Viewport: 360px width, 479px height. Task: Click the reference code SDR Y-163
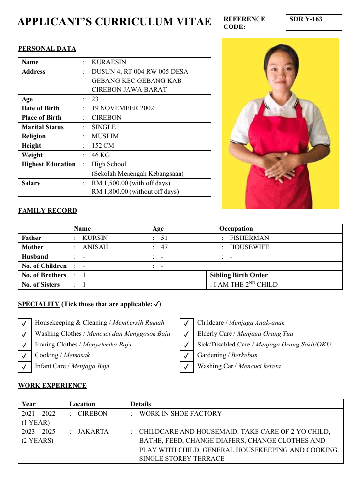[306, 19]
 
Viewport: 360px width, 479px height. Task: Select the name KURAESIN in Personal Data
[108, 62]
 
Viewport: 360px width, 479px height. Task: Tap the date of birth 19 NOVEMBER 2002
[123, 108]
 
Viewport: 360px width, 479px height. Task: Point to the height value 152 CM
[103, 146]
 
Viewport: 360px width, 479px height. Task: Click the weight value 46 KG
[102, 155]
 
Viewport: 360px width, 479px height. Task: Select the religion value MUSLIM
[105, 136]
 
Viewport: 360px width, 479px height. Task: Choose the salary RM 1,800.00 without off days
[135, 192]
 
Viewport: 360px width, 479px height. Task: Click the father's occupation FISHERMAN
[249, 238]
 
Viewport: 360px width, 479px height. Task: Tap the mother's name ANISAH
[95, 247]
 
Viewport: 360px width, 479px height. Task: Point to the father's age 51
[164, 238]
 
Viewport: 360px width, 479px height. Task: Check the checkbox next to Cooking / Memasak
[24, 356]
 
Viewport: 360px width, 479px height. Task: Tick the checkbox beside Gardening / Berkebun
[186, 356]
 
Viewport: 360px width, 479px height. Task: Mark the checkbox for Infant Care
[24, 367]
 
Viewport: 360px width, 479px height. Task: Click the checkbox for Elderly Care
[186, 334]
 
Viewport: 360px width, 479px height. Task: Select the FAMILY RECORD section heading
[47, 211]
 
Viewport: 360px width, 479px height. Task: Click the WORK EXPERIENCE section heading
[52, 386]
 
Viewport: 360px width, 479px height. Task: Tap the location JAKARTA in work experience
[93, 432]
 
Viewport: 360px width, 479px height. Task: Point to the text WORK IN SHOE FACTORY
[180, 414]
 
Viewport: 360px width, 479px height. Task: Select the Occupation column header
[236, 229]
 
